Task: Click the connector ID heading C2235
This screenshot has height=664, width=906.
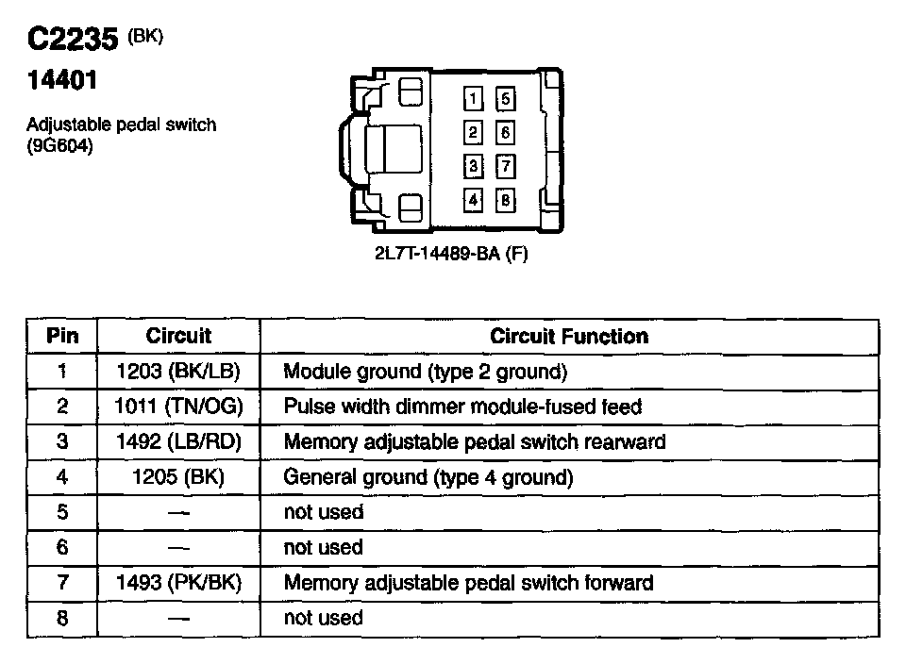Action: tap(72, 40)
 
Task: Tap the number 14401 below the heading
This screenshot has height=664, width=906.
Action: tap(61, 81)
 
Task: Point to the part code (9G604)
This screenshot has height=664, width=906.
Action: tap(60, 145)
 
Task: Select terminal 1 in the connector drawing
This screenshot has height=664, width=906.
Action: tap(474, 98)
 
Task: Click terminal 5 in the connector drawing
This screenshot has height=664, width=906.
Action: tap(506, 98)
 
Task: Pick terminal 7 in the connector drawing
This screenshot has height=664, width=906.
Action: tap(506, 167)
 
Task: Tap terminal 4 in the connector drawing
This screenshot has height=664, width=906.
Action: tap(474, 200)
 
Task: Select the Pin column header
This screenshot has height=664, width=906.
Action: tap(62, 336)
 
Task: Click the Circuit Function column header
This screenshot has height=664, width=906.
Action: tap(569, 336)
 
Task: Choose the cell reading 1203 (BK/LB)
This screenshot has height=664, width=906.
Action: tap(178, 372)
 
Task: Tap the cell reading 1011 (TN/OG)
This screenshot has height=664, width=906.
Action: tap(178, 407)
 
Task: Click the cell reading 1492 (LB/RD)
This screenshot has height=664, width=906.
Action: tap(178, 441)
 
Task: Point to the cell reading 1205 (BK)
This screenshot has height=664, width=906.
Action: tap(178, 477)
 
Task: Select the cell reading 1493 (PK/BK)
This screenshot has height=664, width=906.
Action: tap(178, 583)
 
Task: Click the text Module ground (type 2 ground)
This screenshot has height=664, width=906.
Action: tap(425, 372)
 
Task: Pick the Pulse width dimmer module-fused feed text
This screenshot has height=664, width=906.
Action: tap(462, 407)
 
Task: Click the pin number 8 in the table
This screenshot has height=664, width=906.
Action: tap(62, 619)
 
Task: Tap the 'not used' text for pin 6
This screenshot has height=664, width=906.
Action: tap(323, 548)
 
